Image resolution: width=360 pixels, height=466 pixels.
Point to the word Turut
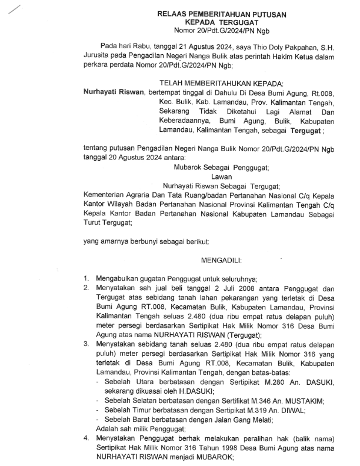click(x=94, y=224)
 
